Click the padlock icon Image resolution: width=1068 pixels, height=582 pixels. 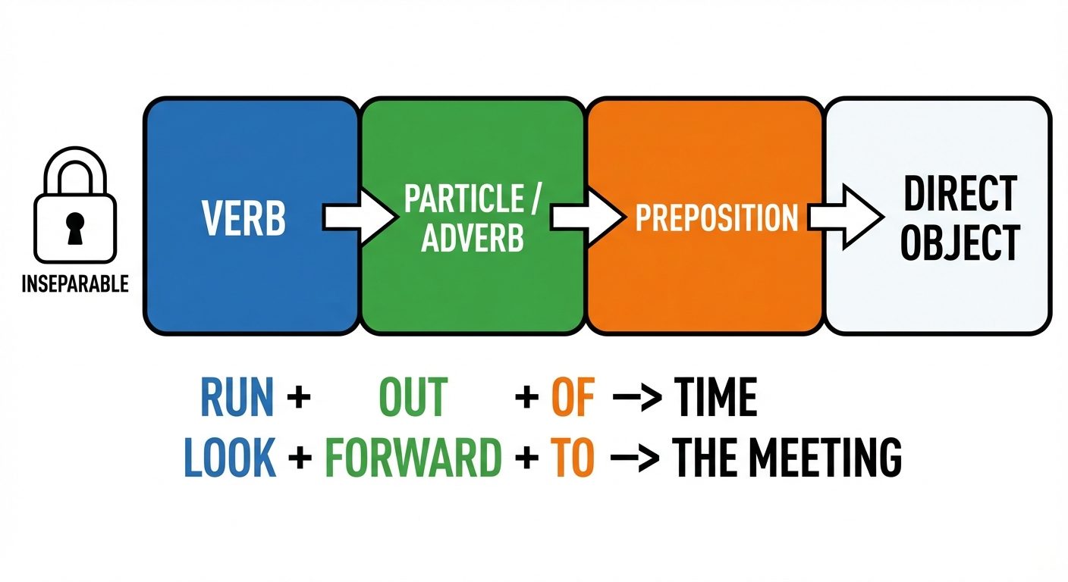pos(74,208)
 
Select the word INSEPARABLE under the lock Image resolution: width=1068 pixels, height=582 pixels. pos(74,286)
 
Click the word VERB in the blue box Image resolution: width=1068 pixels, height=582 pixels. pos(243,217)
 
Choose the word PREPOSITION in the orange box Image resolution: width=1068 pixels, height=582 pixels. pos(717,217)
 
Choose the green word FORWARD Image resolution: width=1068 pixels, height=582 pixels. pos(413,457)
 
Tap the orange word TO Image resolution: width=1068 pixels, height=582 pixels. pos(573,457)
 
